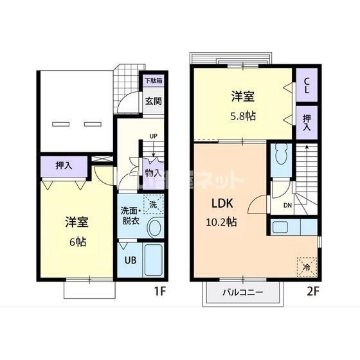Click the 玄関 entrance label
coord(152,100)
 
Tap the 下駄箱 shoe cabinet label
coord(152,81)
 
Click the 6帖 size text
coord(77,242)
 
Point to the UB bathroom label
coord(129,260)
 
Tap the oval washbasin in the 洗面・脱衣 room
coord(154,226)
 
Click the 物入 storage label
coord(152,172)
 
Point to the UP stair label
coord(153,136)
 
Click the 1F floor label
coord(160,291)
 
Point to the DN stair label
coord(287,206)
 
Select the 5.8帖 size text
coord(242,116)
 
